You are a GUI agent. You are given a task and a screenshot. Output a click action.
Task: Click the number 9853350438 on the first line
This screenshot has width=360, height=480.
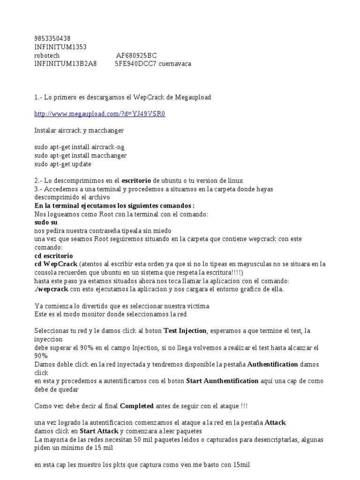[x=53, y=38]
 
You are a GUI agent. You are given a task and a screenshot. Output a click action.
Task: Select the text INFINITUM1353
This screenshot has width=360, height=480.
[x=60, y=47]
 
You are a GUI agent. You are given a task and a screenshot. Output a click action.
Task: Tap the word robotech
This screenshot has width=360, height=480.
[x=47, y=55]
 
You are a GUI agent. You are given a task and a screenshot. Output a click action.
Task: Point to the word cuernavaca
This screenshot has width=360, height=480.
[x=175, y=64]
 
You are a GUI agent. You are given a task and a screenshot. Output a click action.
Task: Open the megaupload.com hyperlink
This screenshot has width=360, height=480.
[x=100, y=114]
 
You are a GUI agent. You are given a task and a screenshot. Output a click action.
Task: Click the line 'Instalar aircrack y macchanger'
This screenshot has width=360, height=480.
[x=79, y=130]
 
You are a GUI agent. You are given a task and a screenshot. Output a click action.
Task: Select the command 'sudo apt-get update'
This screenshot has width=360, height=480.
[x=63, y=164]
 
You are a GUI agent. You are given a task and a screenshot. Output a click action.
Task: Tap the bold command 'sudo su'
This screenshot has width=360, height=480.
[x=46, y=223]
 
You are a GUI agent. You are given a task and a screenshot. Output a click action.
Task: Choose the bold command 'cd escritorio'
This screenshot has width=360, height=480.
[x=54, y=256]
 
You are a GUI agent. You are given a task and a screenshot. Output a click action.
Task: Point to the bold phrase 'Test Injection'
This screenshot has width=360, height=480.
[x=185, y=331]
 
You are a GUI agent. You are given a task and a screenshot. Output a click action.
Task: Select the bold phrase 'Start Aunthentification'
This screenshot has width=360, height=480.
[x=222, y=381]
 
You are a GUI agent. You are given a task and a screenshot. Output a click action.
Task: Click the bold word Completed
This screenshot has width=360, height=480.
[x=137, y=406]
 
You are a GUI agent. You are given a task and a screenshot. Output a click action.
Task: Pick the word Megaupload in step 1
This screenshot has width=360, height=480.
[x=193, y=97]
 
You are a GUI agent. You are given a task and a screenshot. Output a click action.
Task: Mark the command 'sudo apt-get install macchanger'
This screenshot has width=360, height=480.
[x=81, y=156]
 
